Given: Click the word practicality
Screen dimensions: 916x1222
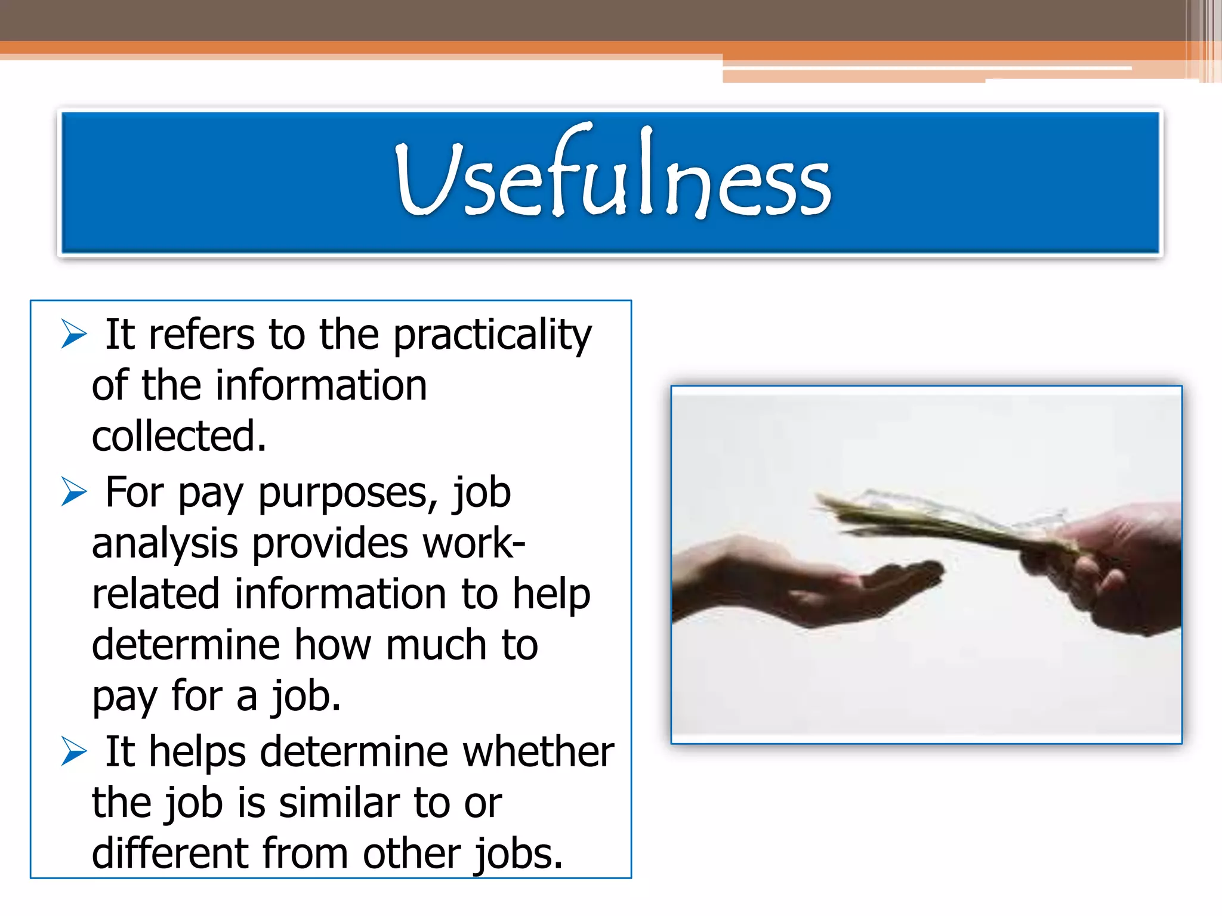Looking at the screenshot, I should [x=492, y=335].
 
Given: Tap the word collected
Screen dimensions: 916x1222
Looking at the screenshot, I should [x=178, y=436].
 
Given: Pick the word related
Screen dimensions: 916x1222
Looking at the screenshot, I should [x=156, y=595].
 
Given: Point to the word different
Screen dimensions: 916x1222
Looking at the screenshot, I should [x=169, y=853].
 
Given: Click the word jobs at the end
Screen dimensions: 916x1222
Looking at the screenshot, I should [x=518, y=855].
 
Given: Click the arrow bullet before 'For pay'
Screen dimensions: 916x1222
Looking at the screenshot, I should [x=74, y=492].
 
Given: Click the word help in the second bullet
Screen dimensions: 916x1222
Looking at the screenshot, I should [x=551, y=596].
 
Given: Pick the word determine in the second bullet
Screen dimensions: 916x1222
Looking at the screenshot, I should [x=186, y=645].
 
